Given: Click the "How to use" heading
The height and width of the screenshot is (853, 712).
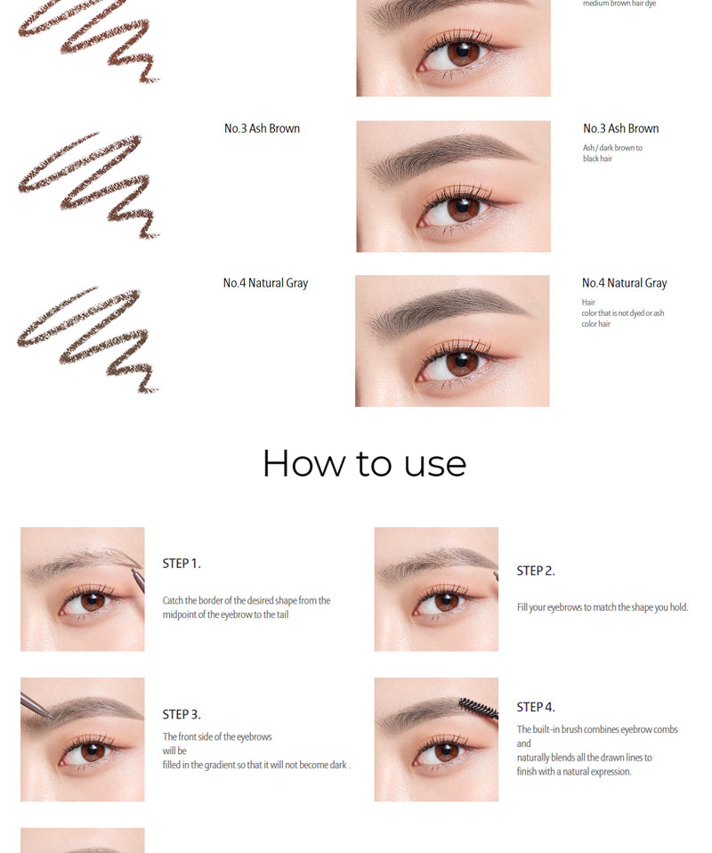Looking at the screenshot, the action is (x=364, y=464).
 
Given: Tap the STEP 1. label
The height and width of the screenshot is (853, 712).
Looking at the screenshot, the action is (x=182, y=564).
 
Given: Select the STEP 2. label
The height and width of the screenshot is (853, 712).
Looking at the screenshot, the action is (x=536, y=571).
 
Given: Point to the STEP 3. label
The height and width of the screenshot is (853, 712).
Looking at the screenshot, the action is (x=182, y=714).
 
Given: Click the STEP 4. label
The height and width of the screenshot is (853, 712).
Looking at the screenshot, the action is (x=536, y=707).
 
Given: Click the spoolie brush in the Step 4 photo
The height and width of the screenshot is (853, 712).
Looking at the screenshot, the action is (x=478, y=708).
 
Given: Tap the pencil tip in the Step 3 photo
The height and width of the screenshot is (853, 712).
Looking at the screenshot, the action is (x=50, y=717).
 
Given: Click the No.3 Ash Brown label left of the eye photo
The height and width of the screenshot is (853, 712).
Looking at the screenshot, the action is (x=263, y=128).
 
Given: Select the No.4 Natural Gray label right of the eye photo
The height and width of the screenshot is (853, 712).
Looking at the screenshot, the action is (x=625, y=283).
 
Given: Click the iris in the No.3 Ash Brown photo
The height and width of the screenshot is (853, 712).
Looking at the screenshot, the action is (x=463, y=209).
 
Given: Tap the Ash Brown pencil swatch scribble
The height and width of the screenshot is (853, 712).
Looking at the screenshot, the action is (x=88, y=185).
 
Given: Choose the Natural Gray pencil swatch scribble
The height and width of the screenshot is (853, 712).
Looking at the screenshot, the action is (x=87, y=339).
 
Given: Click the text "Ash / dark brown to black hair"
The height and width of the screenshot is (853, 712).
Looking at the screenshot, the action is (x=612, y=153).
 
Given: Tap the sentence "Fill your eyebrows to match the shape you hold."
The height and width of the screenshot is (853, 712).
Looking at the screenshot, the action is (x=603, y=607).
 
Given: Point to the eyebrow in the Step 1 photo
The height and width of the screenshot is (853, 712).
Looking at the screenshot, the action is (x=82, y=562).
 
